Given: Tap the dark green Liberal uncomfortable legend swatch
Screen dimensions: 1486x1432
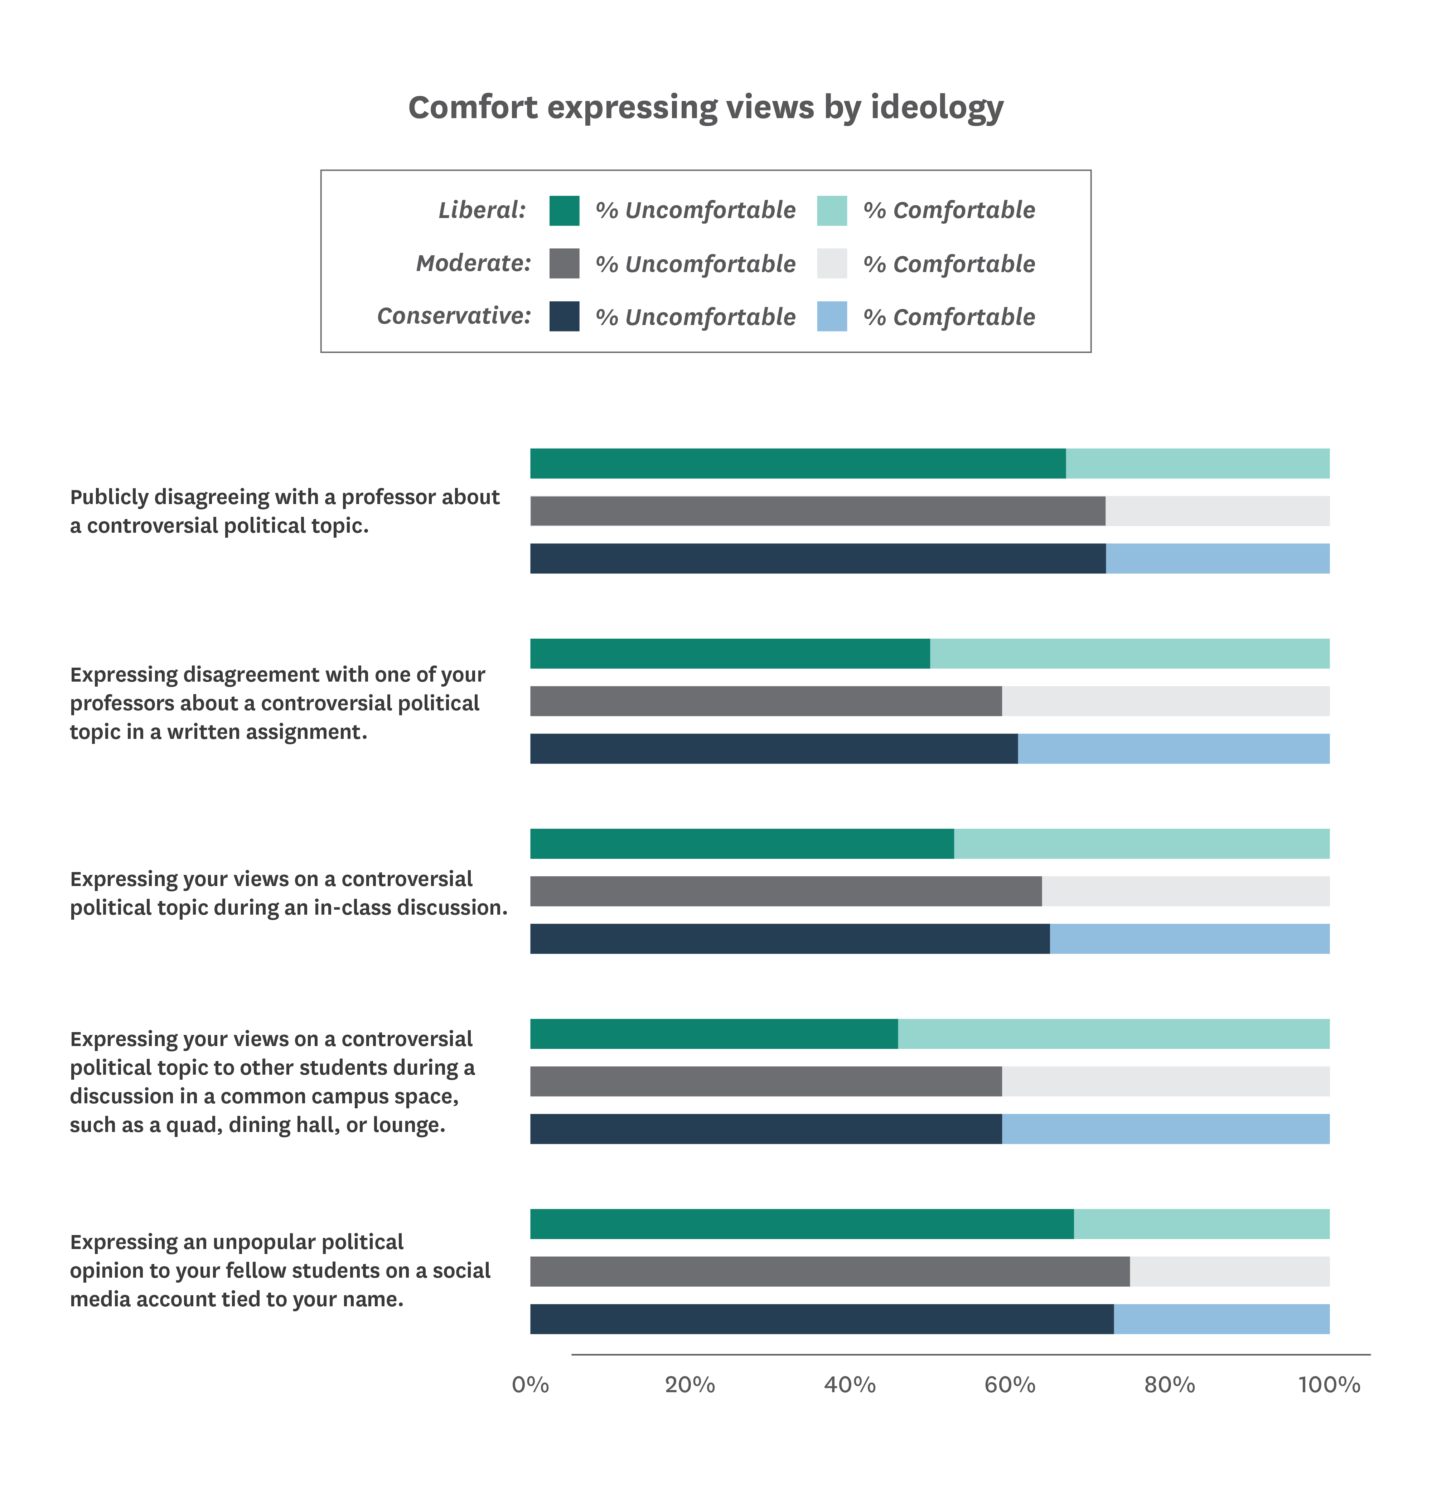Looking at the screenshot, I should click(x=564, y=211).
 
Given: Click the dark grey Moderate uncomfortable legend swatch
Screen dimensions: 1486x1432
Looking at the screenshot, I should click(x=564, y=264).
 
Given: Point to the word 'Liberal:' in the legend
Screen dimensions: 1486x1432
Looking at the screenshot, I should click(x=482, y=210).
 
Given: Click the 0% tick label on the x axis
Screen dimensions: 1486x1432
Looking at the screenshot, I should click(x=530, y=1385).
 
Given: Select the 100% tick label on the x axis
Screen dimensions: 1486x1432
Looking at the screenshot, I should click(x=1329, y=1385).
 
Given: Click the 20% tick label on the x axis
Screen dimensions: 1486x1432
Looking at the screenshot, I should click(x=690, y=1385).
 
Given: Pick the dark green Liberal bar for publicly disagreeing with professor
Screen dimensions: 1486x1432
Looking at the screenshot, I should click(x=798, y=463).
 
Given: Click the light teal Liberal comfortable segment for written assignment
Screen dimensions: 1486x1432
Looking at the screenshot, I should click(x=1129, y=654).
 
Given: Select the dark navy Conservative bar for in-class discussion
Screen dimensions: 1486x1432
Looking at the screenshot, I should click(x=790, y=939).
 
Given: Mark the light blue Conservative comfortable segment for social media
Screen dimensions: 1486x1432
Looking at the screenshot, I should click(x=1221, y=1319).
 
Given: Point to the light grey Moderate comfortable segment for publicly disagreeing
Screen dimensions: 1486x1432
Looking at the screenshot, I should click(x=1218, y=511).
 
